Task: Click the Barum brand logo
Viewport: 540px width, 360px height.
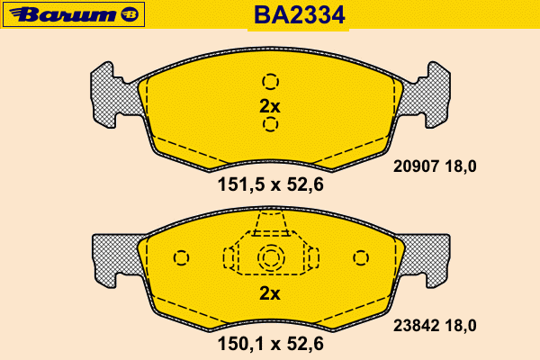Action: click(74, 14)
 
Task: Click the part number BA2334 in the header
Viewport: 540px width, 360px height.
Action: click(299, 15)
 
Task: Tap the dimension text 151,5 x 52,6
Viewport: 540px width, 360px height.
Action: click(270, 184)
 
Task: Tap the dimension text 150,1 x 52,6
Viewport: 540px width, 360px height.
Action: click(270, 344)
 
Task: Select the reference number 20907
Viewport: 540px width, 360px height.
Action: click(416, 166)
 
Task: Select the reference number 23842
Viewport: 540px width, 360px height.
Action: click(416, 326)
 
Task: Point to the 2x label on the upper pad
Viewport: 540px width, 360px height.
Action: click(270, 106)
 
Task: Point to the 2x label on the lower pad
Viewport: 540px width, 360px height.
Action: click(270, 293)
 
